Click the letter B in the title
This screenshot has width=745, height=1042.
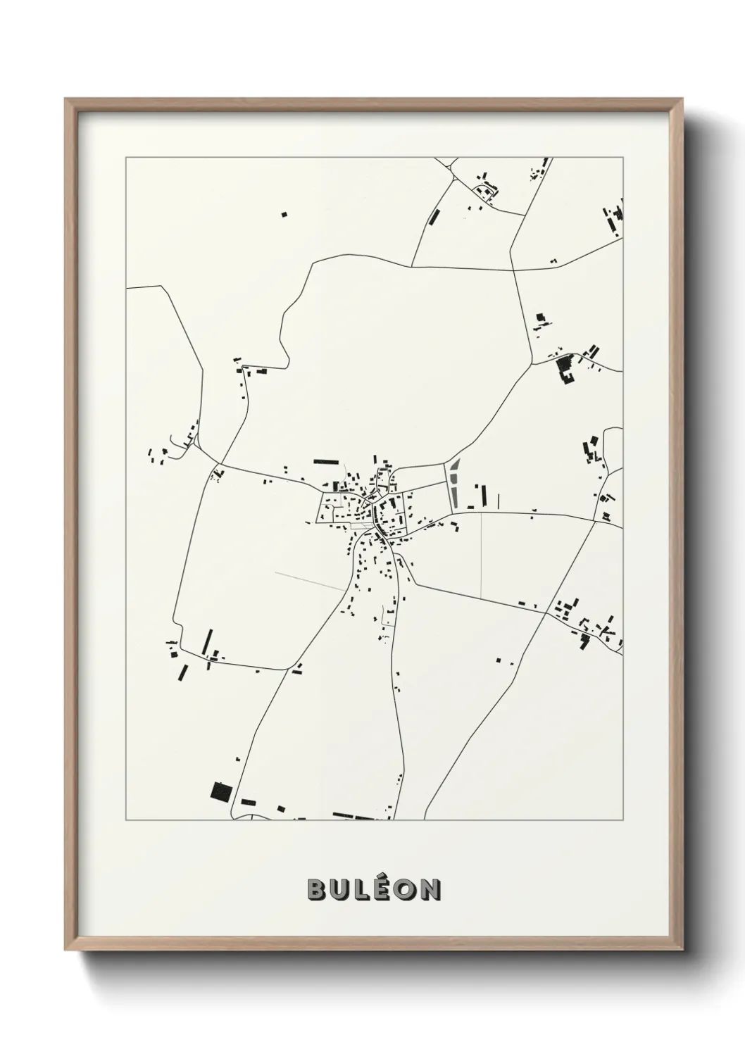(x=316, y=890)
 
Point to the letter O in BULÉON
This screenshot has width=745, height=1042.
(x=404, y=890)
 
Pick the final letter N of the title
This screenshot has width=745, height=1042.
(x=429, y=890)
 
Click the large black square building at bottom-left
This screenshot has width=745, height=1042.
(x=221, y=791)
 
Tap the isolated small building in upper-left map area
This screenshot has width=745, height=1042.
(x=284, y=213)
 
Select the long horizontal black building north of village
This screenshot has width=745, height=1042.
(x=325, y=461)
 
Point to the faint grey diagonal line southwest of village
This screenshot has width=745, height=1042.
(x=310, y=582)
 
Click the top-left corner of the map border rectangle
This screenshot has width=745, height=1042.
(x=126, y=158)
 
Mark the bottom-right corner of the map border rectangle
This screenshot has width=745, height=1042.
(x=623, y=820)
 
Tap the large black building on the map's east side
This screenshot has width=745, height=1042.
(x=565, y=370)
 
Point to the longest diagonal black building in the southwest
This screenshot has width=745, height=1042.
(x=207, y=641)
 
